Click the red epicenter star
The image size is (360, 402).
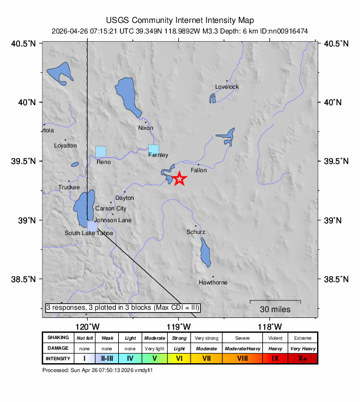[179, 179]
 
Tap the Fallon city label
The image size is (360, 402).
[199, 170]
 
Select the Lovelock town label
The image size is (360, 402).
[227, 87]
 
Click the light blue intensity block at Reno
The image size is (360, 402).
[101, 152]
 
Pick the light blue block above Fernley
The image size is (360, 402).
[154, 149]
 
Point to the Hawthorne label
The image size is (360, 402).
[213, 283]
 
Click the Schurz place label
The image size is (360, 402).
[196, 232]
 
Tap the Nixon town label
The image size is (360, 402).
[145, 128]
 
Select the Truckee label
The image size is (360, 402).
[69, 187]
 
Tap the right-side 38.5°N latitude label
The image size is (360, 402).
[334, 279]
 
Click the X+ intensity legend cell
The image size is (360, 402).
[302, 358]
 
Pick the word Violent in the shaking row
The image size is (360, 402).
[275, 337]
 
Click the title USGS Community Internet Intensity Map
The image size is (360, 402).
[180, 20]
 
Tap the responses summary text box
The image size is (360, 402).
[123, 307]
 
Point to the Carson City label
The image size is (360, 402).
[111, 209]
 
